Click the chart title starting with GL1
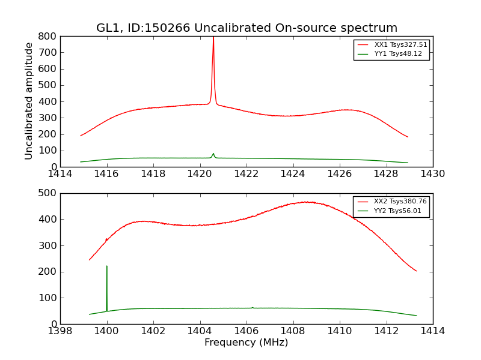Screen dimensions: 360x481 [x=247, y=28]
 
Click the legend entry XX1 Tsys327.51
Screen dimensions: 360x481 [x=400, y=44]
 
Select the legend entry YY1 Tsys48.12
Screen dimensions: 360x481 [x=398, y=54]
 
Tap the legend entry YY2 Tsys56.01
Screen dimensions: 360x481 [x=397, y=211]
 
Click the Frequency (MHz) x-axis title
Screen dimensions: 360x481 [x=247, y=343]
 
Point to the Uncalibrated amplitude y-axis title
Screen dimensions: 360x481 [x=29, y=101]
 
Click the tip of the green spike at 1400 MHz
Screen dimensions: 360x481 [x=107, y=266]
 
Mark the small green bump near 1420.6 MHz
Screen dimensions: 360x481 [x=213, y=154]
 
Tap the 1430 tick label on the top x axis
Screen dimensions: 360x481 [x=433, y=174]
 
